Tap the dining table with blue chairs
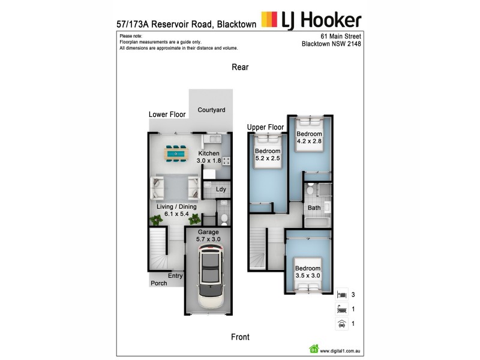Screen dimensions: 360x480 point(176,154)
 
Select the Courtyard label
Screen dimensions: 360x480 point(211,110)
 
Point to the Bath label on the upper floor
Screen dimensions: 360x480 point(314,208)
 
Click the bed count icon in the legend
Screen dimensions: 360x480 point(341,295)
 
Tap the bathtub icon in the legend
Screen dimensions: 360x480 point(341,310)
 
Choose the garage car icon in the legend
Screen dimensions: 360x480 point(341,324)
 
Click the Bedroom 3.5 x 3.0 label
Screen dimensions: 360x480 point(307,272)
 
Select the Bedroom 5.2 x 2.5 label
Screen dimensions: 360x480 point(267,155)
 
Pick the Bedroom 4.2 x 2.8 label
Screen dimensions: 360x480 point(310,137)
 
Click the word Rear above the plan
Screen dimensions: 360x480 point(240,68)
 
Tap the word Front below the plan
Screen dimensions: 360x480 point(240,337)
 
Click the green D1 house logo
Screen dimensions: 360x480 point(313,349)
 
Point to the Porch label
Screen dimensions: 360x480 point(159,283)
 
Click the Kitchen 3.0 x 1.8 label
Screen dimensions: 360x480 point(209,157)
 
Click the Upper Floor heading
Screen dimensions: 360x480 point(265,127)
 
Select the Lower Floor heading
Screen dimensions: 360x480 point(167,114)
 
